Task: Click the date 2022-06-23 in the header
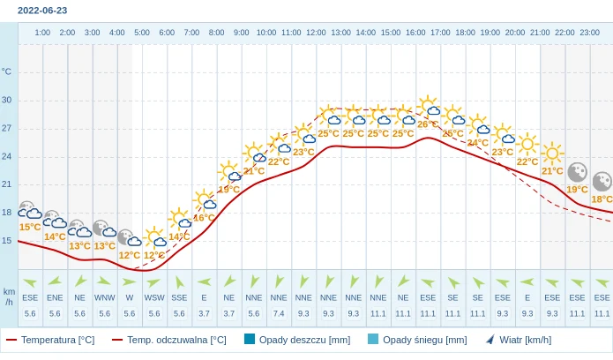coord(42,11)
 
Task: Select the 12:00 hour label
coord(316,33)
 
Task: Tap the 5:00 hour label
coord(142,33)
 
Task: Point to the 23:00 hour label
coord(590,33)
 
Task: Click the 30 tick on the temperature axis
coord(7,100)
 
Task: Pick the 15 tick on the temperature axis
coord(7,240)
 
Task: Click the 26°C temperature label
coord(428,124)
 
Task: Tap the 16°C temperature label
coord(204,218)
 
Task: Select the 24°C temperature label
coord(478,143)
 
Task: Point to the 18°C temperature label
coord(602,199)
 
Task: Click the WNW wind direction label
coord(105,298)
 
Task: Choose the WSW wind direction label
coord(154,298)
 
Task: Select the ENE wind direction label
coord(55,298)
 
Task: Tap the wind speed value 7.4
coord(279,313)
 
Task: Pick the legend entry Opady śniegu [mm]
coord(416,340)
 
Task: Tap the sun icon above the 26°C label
coord(429,106)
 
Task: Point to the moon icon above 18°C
coord(602,182)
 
